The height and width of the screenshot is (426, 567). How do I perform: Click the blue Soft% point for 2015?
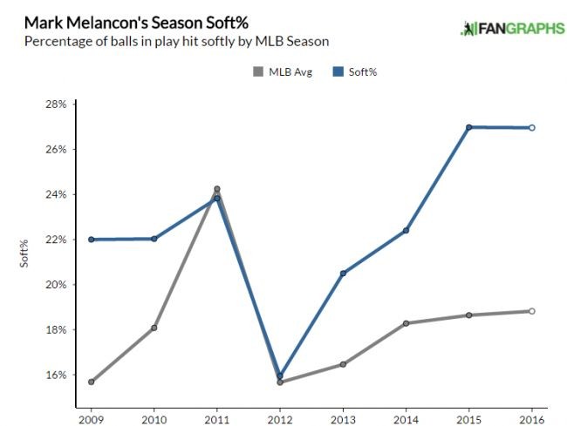[468, 127]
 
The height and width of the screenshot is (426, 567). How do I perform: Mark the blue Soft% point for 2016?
[531, 128]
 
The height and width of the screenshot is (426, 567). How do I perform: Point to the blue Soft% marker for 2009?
[91, 240]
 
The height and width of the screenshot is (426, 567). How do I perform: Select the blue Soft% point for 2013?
[343, 274]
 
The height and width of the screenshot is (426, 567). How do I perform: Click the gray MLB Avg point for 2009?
[91, 382]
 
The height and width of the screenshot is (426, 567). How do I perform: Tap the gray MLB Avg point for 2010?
[154, 328]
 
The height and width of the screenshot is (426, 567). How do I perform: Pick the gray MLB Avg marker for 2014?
[406, 323]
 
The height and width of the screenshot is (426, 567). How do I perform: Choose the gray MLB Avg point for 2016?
[531, 311]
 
